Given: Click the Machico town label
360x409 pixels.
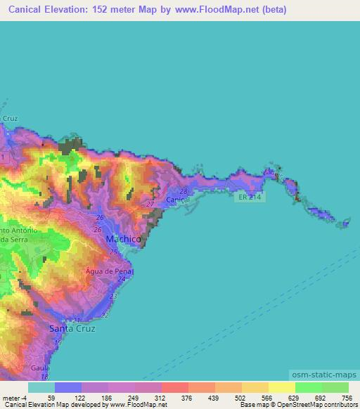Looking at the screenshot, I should pyautogui.click(x=123, y=240).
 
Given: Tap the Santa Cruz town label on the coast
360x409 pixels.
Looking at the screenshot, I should pyautogui.click(x=72, y=328).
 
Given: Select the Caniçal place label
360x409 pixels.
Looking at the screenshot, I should pyautogui.click(x=178, y=200).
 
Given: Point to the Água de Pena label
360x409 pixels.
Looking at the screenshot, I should pyautogui.click(x=109, y=271).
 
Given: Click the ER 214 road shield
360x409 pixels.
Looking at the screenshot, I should pyautogui.click(x=245, y=198).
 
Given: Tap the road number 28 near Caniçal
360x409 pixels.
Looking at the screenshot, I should pyautogui.click(x=184, y=191).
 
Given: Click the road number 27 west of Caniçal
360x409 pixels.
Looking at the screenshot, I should pyautogui.click(x=150, y=204).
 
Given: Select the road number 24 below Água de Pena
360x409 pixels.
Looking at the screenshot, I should pyautogui.click(x=122, y=279).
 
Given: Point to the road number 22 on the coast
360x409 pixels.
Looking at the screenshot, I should pyautogui.click(x=105, y=316).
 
